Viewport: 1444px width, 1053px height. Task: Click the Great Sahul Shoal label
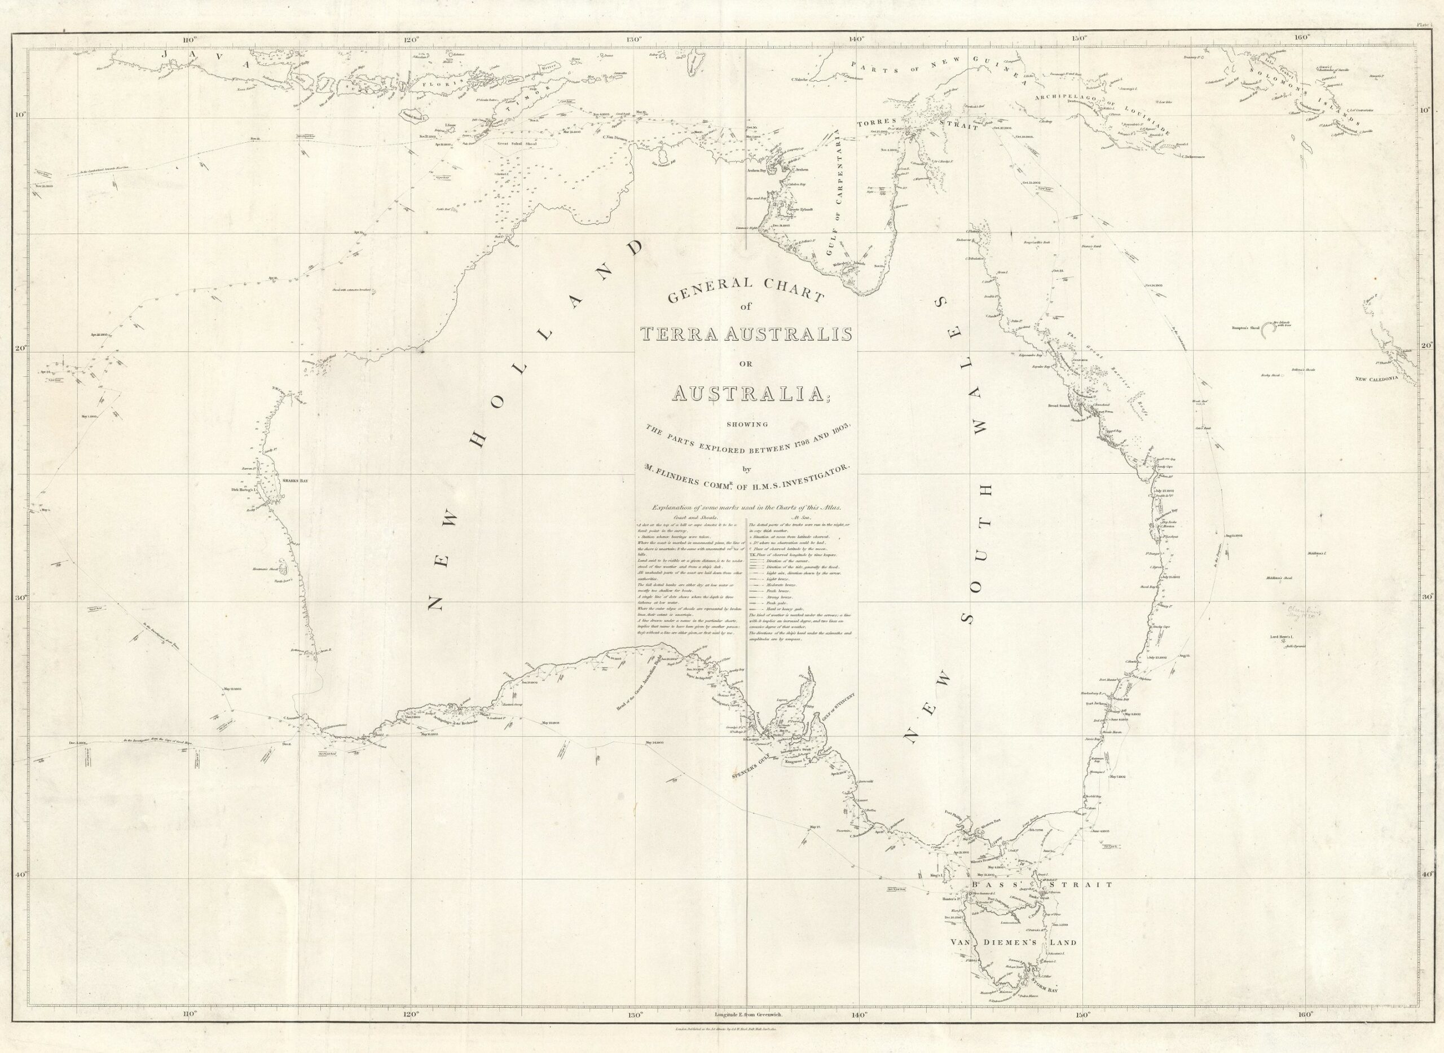tap(516, 144)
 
